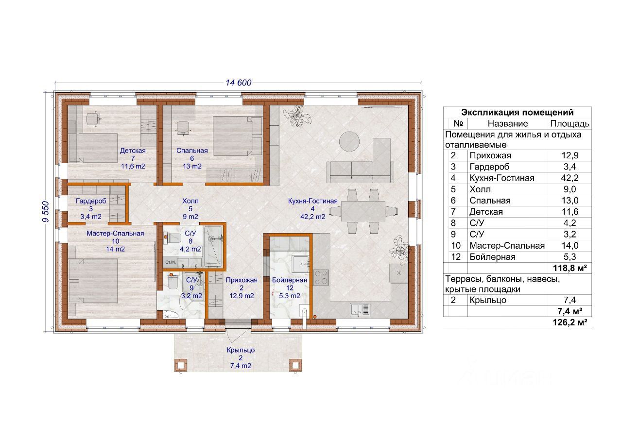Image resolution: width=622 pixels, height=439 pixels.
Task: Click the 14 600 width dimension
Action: point(239,83)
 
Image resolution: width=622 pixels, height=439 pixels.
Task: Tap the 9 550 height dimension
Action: point(45,211)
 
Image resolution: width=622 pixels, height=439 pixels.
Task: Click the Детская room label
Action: point(133,151)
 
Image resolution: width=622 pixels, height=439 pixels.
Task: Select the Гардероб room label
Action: point(91,201)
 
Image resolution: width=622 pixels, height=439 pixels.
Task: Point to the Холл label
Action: point(190,201)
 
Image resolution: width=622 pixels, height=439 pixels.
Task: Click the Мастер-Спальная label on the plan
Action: point(115,234)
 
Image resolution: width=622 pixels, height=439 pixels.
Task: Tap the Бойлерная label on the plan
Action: point(290,280)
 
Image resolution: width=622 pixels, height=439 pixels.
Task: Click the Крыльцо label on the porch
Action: point(241,350)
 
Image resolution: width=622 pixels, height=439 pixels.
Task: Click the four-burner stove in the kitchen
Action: point(321,277)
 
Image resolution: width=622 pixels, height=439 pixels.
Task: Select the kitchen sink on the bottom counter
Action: point(360,310)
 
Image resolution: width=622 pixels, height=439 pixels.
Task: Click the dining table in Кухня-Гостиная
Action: point(363,211)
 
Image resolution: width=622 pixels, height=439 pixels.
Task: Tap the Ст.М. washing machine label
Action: point(170,262)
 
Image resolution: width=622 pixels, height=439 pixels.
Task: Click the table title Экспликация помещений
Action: point(518,112)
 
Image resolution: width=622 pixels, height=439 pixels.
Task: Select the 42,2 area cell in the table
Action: point(570,178)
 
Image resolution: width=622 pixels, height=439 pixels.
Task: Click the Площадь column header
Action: point(570,123)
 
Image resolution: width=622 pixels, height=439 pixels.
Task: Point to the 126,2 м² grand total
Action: point(570,322)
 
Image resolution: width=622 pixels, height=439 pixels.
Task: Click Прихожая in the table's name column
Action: point(490,155)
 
